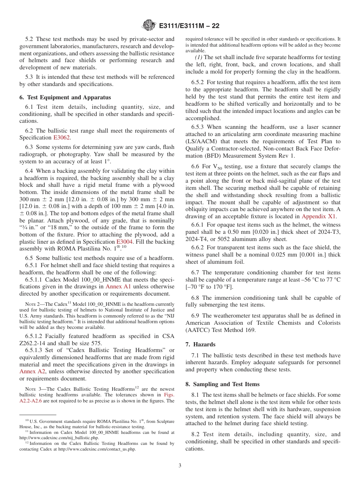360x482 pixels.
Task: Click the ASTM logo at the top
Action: click(149, 26)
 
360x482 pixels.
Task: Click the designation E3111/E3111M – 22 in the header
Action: click(189, 26)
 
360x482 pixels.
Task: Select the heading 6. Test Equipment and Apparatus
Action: click(65, 97)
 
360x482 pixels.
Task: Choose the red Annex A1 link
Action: click(118, 286)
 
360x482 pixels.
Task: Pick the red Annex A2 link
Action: click(32, 371)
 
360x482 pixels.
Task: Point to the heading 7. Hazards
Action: click(200, 344)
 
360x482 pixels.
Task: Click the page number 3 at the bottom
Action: click(180, 466)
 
